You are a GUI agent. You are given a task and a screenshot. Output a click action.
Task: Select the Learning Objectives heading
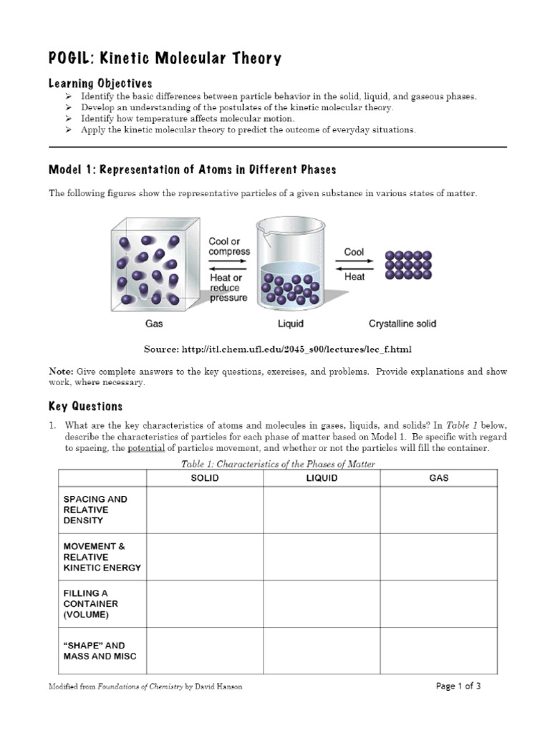100,84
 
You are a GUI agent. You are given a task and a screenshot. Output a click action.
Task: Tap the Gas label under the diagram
154,324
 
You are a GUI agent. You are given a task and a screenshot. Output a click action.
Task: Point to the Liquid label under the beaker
290,324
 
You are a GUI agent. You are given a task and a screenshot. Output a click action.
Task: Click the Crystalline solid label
402,324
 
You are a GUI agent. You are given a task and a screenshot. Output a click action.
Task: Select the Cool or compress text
229,247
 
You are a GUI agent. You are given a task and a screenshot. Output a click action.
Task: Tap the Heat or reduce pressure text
228,288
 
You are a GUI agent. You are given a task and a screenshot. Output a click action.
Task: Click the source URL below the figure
299,349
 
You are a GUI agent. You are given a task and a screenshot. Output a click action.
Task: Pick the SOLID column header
205,478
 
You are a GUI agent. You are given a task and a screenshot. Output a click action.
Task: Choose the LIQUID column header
322,478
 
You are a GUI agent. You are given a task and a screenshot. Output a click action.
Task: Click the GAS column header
438,478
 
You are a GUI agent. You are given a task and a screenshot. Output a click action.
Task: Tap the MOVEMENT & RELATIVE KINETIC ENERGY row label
102,557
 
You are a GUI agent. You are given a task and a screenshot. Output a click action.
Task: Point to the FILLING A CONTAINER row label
90,603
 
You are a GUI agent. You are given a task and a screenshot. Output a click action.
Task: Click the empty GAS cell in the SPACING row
438,510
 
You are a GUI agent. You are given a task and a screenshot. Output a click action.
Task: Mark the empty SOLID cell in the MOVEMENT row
205,557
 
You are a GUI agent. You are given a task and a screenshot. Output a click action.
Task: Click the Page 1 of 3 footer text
458,686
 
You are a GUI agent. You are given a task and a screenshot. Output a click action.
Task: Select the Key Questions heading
85,407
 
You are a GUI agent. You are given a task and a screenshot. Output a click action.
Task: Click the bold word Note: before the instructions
61,372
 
